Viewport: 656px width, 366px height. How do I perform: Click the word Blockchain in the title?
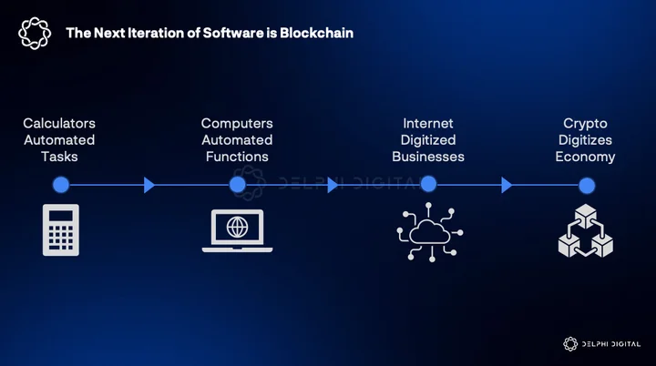317,33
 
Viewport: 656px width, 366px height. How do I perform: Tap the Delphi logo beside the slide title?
35,34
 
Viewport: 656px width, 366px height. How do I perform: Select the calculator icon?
61,229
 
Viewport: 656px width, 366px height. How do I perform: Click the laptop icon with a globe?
237,231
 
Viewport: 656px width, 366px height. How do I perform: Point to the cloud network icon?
430,232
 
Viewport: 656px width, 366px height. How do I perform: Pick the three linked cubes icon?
586,230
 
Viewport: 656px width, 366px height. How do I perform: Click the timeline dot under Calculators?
61,185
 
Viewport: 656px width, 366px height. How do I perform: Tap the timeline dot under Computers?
238,185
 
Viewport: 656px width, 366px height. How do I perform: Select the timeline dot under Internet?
428,184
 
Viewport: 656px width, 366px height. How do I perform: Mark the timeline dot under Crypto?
587,186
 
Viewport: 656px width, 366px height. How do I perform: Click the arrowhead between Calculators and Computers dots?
149,185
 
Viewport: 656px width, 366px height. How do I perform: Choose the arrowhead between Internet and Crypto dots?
507,185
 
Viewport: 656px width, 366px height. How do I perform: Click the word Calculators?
59,124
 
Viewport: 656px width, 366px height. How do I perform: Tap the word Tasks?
59,157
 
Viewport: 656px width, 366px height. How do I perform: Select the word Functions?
237,157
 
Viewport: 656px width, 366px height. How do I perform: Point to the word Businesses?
428,157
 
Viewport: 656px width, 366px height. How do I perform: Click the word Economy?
585,158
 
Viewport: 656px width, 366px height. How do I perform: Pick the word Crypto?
585,124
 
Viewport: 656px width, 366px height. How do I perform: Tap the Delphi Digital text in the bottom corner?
611,344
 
